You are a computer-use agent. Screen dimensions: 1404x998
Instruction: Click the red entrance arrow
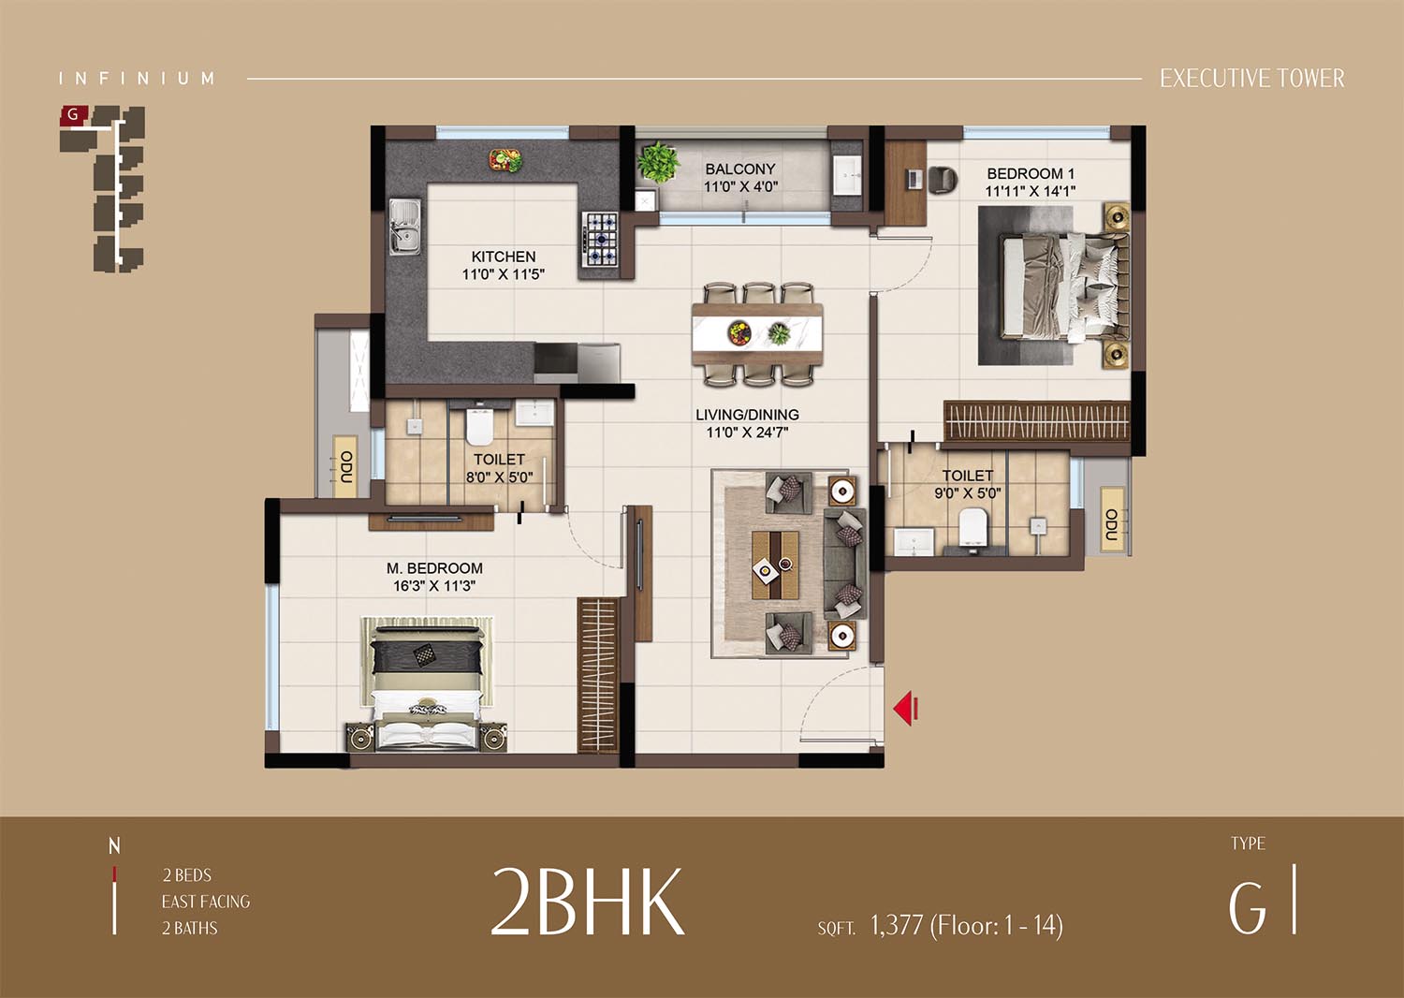pyautogui.click(x=906, y=709)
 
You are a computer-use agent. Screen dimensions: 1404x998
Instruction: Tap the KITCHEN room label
pyautogui.click(x=504, y=257)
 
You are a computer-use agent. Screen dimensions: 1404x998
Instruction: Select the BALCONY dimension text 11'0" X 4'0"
pyautogui.click(x=740, y=187)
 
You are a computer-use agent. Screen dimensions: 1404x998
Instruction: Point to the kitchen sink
pyautogui.click(x=405, y=227)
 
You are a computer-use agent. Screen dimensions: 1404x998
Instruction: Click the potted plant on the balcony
pyautogui.click(x=658, y=162)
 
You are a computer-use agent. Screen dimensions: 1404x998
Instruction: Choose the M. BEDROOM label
pyautogui.click(x=434, y=568)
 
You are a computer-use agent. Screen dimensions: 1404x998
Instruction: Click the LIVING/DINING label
pyautogui.click(x=747, y=415)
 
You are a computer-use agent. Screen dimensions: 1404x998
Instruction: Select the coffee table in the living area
pyautogui.click(x=775, y=565)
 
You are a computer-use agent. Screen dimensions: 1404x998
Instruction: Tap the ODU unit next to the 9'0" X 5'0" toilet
pyautogui.click(x=1112, y=523)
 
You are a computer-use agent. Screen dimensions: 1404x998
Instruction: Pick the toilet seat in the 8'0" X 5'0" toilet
pyautogui.click(x=480, y=424)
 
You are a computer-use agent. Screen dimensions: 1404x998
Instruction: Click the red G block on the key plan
pyautogui.click(x=74, y=115)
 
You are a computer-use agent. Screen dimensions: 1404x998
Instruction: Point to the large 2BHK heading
pyautogui.click(x=587, y=903)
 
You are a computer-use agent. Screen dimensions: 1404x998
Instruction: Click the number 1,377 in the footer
pyautogui.click(x=897, y=925)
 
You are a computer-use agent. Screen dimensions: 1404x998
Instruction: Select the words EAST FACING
pyautogui.click(x=206, y=902)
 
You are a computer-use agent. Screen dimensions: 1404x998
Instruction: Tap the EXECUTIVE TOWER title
pyautogui.click(x=1252, y=79)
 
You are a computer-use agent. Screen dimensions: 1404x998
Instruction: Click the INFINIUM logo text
pyautogui.click(x=137, y=79)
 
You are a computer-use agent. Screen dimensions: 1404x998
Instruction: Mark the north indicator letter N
pyautogui.click(x=114, y=846)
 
